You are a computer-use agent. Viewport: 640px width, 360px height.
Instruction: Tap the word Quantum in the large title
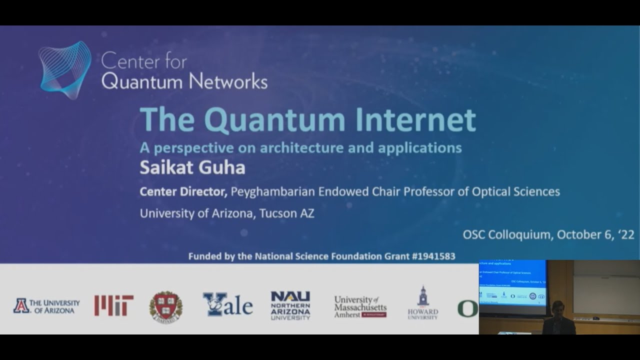(x=274, y=120)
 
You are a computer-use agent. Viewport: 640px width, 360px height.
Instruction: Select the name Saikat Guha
(x=192, y=167)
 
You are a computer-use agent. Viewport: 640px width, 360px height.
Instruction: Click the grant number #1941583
(x=430, y=256)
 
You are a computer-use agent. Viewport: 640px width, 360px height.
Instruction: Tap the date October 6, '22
(x=595, y=234)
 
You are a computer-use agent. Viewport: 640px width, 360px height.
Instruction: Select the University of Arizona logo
(x=46, y=306)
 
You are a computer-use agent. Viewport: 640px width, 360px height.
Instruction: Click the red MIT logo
(x=114, y=305)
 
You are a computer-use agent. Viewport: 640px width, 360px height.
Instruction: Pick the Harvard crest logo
(x=166, y=306)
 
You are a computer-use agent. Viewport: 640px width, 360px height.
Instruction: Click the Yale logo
(x=227, y=305)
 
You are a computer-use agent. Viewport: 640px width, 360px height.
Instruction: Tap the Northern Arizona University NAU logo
(x=290, y=305)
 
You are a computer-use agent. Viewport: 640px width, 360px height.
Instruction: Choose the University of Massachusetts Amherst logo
(x=360, y=306)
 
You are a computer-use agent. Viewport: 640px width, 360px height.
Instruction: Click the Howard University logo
(x=422, y=304)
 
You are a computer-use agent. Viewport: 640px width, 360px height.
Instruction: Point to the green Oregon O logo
(x=467, y=308)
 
